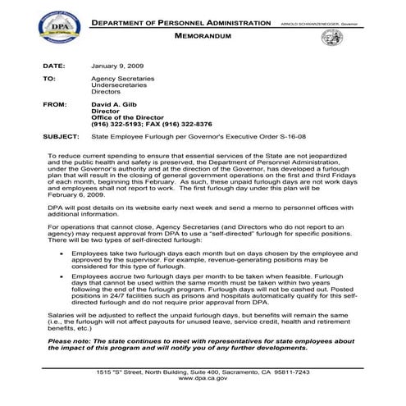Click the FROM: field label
tap(56, 106)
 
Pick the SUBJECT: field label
tap(62, 139)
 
